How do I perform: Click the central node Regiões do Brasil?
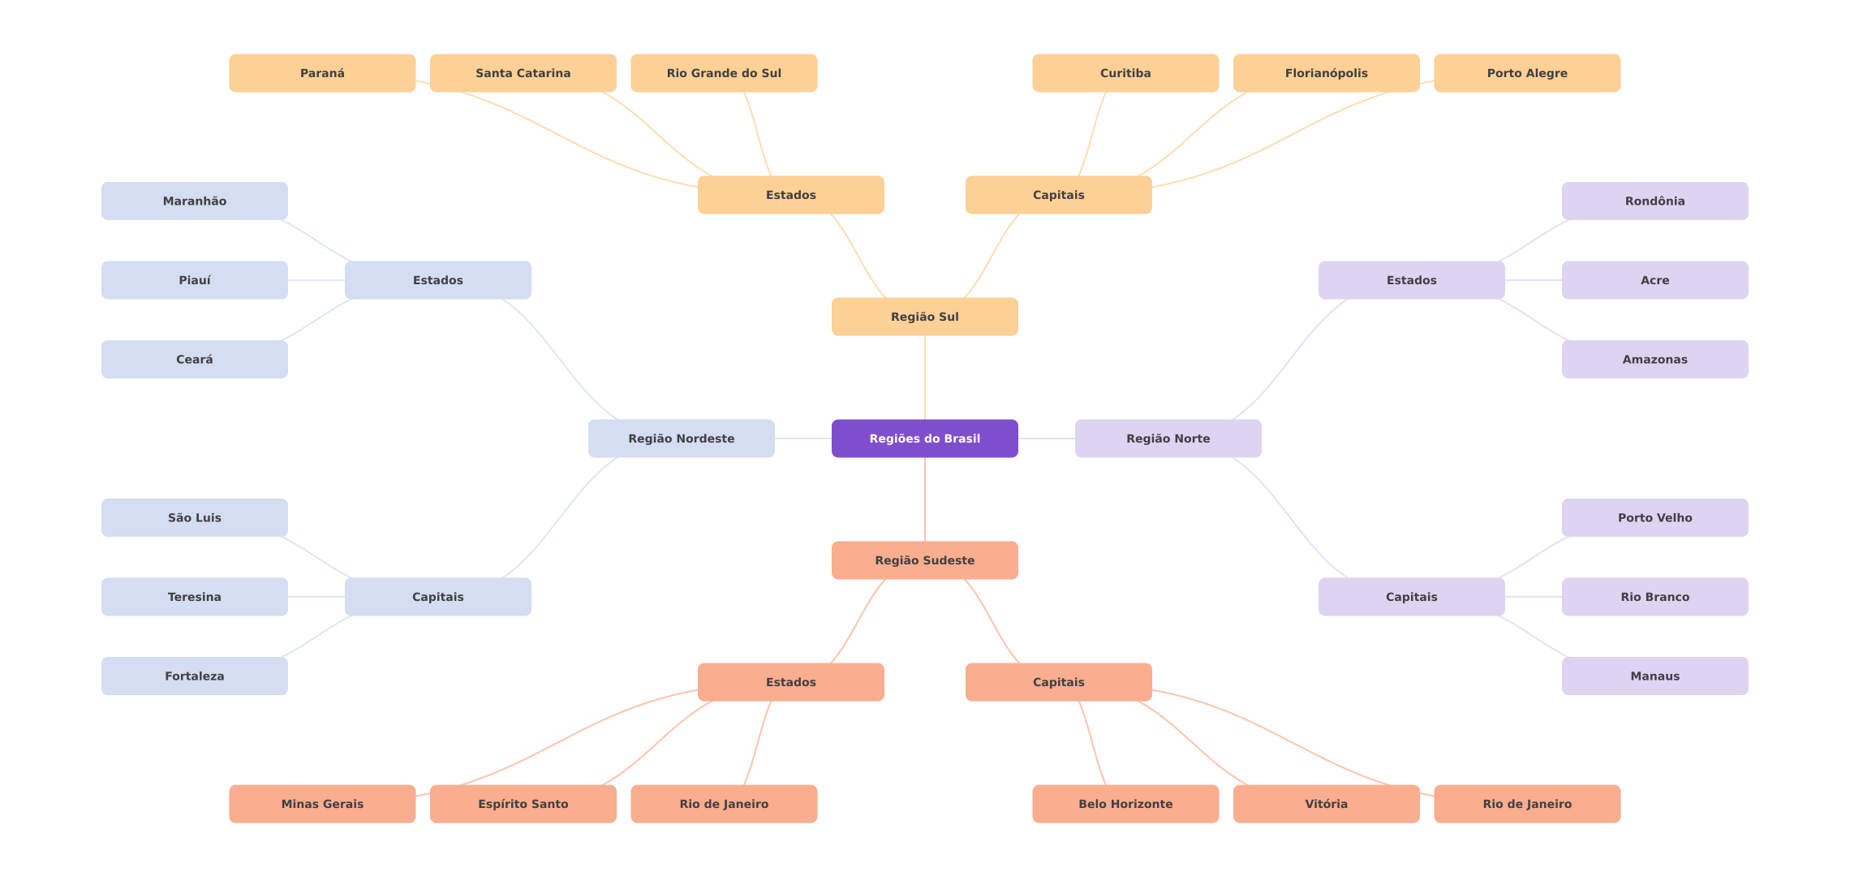tap(924, 438)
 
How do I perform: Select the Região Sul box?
tap(924, 317)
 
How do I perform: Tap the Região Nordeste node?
tap(681, 438)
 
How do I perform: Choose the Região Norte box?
tap(1168, 438)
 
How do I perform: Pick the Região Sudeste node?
tap(924, 560)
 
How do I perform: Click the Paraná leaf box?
tap(322, 73)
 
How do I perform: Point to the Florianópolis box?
tap(1326, 73)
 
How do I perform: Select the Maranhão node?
tap(194, 201)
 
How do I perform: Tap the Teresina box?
tap(194, 597)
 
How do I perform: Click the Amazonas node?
tap(1654, 359)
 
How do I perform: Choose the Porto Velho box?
tap(1654, 517)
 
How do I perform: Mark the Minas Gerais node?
tap(322, 804)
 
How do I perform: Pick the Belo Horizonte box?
tap(1125, 804)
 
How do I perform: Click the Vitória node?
tap(1326, 804)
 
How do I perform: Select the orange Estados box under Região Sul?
tap(790, 195)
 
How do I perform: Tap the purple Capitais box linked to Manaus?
tap(1411, 597)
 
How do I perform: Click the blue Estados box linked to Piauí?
tap(437, 280)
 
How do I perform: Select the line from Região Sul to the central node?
tap(925, 378)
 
